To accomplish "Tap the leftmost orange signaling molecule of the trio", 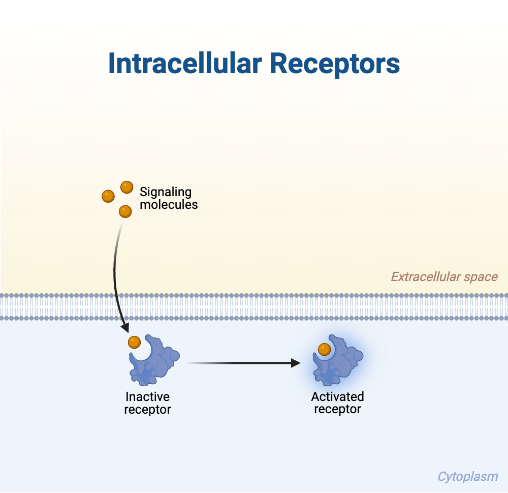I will tap(108, 196).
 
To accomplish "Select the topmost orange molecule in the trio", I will tap(126, 187).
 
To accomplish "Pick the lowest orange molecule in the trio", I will tap(125, 211).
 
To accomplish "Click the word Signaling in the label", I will tap(166, 192).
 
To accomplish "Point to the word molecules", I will tap(169, 205).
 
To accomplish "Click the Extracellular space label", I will tap(444, 277).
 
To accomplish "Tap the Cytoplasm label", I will tap(467, 477).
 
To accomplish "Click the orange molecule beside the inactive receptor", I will tap(134, 342).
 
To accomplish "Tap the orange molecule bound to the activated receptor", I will tap(324, 349).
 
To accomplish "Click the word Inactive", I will tap(147, 397).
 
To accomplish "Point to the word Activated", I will tap(337, 397).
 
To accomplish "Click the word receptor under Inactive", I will tap(147, 410).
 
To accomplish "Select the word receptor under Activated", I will tap(337, 409).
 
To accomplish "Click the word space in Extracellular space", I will tap(481, 278).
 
